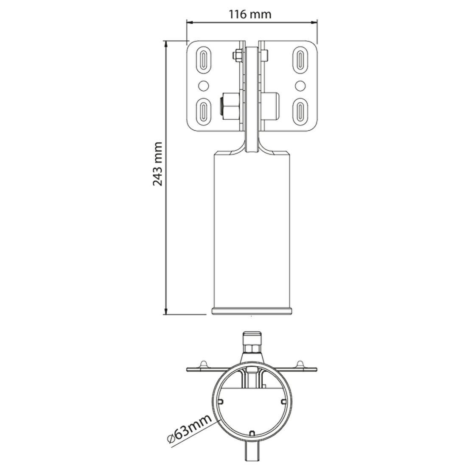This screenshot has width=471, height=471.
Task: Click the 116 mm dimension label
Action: click(250, 14)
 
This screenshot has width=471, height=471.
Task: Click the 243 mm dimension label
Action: click(157, 164)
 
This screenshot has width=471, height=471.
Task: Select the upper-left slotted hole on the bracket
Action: click(204, 60)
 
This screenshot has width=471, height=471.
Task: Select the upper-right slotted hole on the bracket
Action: click(300, 60)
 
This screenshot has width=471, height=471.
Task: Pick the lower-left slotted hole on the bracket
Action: click(204, 112)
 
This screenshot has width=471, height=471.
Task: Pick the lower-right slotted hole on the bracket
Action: click(300, 112)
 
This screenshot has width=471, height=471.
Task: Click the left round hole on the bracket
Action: click(204, 86)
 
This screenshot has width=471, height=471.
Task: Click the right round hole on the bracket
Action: click(300, 86)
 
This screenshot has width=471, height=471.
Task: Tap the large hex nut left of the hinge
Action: click(230, 106)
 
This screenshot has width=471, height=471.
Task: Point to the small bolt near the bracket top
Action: click(237, 55)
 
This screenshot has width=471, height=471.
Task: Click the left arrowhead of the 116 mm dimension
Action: click(190, 22)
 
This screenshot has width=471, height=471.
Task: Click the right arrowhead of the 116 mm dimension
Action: click(314, 22)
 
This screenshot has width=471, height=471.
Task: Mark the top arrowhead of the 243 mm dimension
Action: click(165, 44)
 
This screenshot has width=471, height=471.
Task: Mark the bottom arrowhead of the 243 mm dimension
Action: click(165, 311)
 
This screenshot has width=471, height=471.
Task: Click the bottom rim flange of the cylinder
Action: click(252, 311)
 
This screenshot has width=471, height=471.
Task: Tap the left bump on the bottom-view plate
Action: click(204, 364)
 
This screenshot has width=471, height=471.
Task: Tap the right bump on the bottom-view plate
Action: click(300, 364)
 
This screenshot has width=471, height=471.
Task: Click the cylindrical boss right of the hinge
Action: click(270, 106)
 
